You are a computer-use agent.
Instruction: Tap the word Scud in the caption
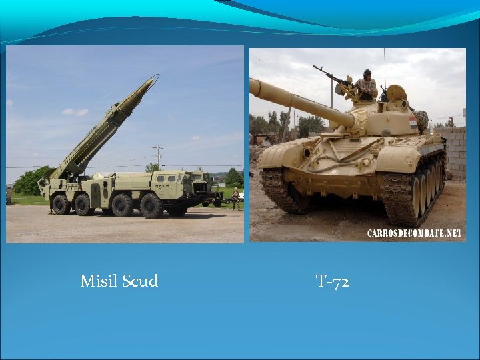(x=139, y=281)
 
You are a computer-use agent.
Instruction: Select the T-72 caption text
(x=333, y=282)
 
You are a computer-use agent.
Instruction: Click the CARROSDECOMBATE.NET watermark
(x=413, y=233)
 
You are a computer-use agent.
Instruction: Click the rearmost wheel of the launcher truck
(x=61, y=205)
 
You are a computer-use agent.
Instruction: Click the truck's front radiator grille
(x=201, y=188)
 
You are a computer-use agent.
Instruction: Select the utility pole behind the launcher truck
(x=158, y=157)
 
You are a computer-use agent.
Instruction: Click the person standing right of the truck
(x=235, y=199)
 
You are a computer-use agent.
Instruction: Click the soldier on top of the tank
(x=365, y=85)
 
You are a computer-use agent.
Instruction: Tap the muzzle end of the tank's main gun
(x=254, y=87)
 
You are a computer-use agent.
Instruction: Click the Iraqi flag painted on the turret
(x=413, y=121)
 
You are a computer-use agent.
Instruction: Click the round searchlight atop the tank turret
(x=397, y=93)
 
